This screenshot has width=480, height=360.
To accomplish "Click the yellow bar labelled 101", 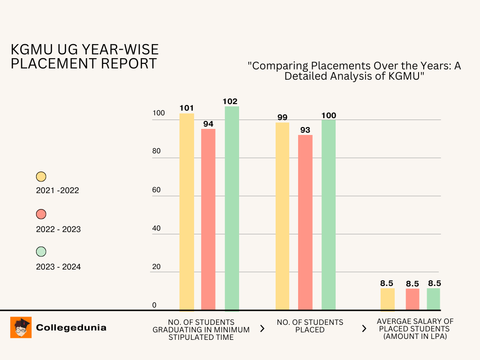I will coord(187,211).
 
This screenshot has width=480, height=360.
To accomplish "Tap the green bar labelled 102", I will coord(232,209).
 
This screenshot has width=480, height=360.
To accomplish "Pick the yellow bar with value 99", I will coord(282,216).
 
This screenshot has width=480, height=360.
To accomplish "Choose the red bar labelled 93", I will coord(305,222).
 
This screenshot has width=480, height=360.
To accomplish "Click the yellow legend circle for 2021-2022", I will coord(41,177).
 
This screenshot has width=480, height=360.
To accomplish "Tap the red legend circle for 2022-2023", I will coord(41,214).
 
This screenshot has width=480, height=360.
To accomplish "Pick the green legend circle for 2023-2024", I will coord(41,252).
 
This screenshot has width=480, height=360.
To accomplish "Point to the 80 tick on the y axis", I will coord(156,151).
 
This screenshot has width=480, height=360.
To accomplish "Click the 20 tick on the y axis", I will coord(156,267).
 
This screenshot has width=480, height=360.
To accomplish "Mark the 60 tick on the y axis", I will coord(156,190).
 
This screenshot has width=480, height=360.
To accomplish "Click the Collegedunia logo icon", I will coord(21,327).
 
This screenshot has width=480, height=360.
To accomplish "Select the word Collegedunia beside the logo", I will coord(71,328).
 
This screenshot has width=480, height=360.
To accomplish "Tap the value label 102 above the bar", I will coord(230,101).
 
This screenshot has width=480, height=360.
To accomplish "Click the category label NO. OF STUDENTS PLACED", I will coord(310,326).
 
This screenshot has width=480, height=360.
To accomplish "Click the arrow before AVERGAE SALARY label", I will coord(364,329).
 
